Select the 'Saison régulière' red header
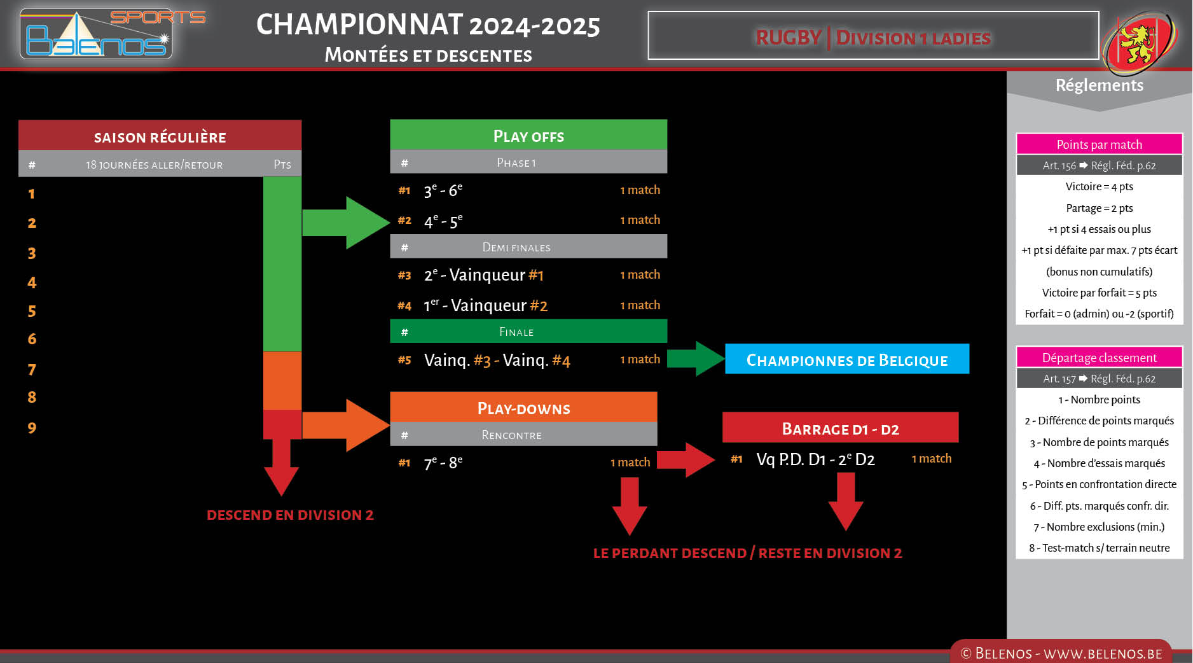pos(160,136)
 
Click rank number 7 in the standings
pos(32,370)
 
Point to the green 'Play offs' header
pos(528,136)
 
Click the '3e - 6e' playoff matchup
pos(443,190)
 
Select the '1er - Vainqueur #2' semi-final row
pos(485,305)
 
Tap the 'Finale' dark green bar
pos(528,331)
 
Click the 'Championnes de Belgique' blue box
pos(846,359)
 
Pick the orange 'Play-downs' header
pos(523,408)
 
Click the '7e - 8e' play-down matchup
pos(443,463)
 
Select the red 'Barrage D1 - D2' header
pos(839,428)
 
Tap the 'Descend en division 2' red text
pos(290,515)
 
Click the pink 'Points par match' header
pos(1098,144)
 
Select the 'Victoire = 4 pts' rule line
pos(1098,186)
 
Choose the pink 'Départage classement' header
pos(1098,358)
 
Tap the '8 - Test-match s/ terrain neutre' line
pos(1098,548)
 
